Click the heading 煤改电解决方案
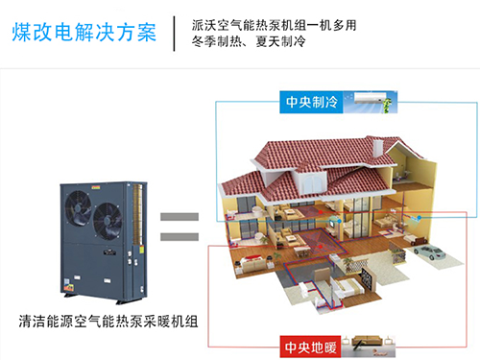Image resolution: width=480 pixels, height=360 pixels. (85, 31)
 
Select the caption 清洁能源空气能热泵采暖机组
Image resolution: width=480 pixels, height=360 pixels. (108, 320)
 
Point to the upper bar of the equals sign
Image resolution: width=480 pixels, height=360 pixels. (179, 218)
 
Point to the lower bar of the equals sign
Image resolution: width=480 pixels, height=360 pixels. (179, 236)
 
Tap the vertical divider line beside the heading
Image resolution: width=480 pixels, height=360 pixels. (174, 33)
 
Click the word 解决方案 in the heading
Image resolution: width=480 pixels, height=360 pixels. (122, 31)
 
